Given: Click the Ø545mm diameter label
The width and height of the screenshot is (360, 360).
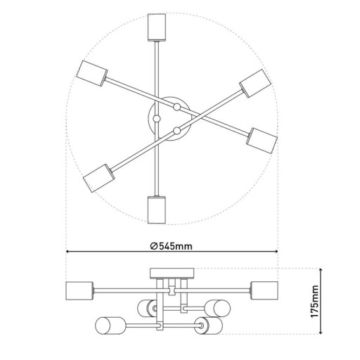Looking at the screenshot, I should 172,245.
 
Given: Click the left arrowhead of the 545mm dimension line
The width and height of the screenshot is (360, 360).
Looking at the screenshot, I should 69,252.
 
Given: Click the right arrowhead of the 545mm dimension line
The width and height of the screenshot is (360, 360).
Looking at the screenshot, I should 275,252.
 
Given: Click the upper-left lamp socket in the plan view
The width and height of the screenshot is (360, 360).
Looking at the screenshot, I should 91,73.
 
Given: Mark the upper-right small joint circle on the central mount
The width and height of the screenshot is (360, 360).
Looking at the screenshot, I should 177,107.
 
